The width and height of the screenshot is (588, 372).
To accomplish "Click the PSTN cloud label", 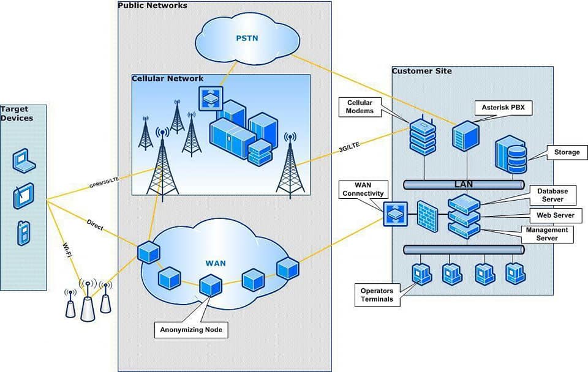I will pyautogui.click(x=247, y=39).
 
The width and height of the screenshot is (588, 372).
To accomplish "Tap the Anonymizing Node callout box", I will pyautogui.click(x=191, y=330).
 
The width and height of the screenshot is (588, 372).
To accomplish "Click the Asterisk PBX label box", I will pyautogui.click(x=503, y=108).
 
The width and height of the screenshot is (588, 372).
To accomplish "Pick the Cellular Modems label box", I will pyautogui.click(x=360, y=107).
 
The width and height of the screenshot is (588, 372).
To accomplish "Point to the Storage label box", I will pyautogui.click(x=567, y=152).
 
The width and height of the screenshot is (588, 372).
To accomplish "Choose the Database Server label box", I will pyautogui.click(x=552, y=195).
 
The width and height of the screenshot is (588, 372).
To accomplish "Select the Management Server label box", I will pyautogui.click(x=547, y=234).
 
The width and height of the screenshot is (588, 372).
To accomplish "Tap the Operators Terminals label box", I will pyautogui.click(x=377, y=295).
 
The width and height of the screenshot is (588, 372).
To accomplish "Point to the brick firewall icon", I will pyautogui.click(x=428, y=216).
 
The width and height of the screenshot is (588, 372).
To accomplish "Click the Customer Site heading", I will pyautogui.click(x=421, y=71).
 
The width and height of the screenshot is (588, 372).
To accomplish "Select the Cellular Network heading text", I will pyautogui.click(x=168, y=79).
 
